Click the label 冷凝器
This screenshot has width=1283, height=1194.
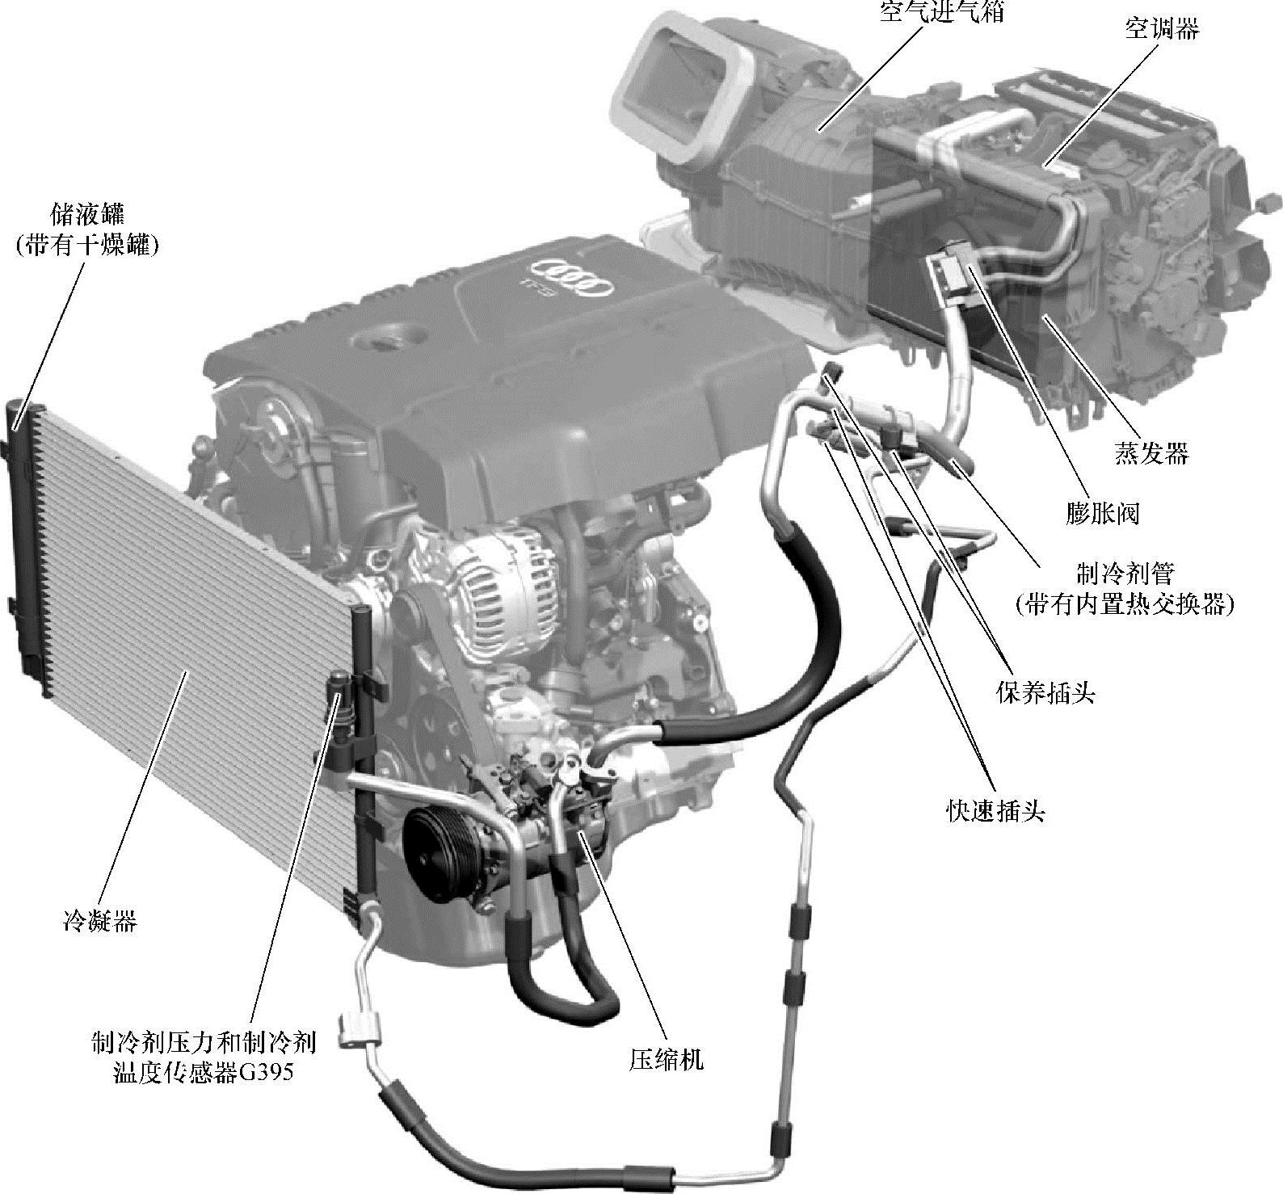click(x=100, y=920)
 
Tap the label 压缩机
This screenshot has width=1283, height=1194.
click(x=667, y=1059)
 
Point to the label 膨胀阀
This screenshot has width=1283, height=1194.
click(x=1102, y=512)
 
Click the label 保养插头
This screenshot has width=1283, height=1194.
click(x=1046, y=692)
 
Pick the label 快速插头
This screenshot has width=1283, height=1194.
click(x=995, y=810)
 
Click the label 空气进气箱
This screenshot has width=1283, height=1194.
click(x=941, y=11)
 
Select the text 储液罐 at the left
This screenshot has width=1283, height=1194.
click(x=86, y=216)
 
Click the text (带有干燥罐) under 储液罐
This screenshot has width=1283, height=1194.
click(x=86, y=246)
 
